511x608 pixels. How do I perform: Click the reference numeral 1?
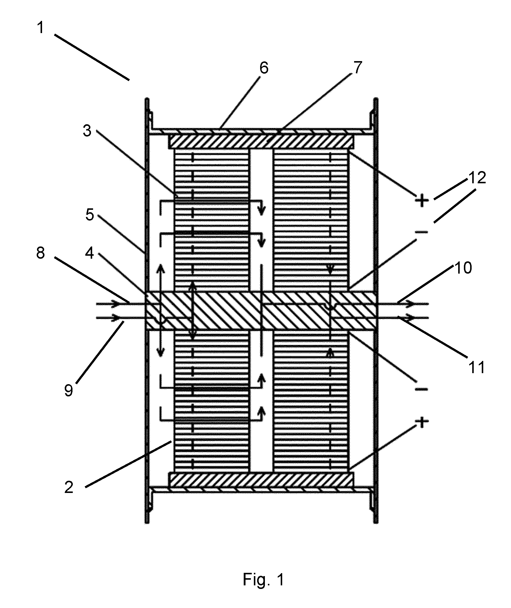point(41,28)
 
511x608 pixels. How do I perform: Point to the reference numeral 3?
point(87,131)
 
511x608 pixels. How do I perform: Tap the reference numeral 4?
point(89,253)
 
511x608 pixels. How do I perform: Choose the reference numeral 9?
point(69,390)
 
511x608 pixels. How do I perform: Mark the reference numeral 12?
point(477,178)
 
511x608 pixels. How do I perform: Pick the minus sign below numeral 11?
point(422,389)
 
